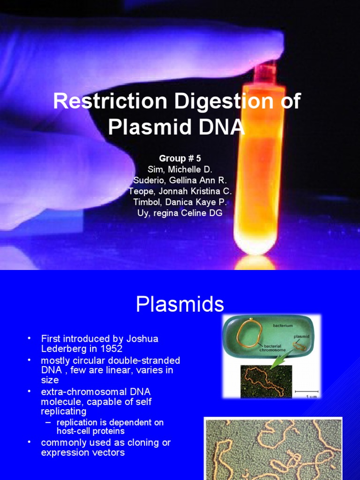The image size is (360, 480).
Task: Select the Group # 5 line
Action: (x=180, y=158)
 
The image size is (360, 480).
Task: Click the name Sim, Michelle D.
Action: (x=180, y=169)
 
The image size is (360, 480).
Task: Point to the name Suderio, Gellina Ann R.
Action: (x=180, y=180)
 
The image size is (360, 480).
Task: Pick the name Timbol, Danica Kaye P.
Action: (x=180, y=202)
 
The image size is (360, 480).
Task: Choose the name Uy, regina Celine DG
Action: (x=180, y=213)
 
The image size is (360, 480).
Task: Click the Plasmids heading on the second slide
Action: (x=180, y=305)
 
